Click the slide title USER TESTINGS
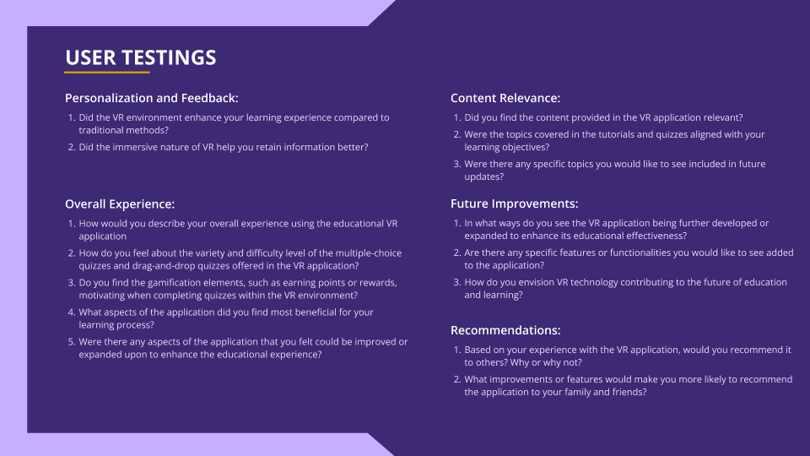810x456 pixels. tap(141, 57)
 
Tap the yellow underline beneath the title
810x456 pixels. tap(107, 73)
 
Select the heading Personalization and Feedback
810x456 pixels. tap(151, 98)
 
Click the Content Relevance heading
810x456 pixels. tap(505, 98)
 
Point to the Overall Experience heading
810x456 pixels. tap(120, 204)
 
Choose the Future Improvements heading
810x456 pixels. tap(514, 204)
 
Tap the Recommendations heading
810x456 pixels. tap(505, 330)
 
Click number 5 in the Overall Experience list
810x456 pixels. tap(72, 342)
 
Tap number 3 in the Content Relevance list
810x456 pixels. tap(457, 164)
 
